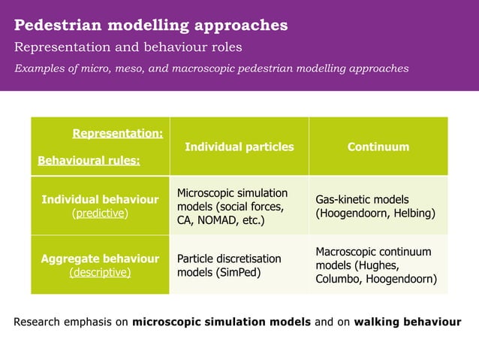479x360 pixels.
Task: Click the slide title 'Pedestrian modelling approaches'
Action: tap(151, 25)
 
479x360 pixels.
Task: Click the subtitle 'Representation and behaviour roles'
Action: tap(128, 47)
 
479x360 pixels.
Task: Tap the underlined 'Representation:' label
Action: tap(117, 134)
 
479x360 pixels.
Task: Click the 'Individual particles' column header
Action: tap(239, 147)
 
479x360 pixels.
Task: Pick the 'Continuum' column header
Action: tap(378, 147)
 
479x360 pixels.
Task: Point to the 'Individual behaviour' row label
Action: tap(100, 200)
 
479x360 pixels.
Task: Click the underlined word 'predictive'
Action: tap(100, 213)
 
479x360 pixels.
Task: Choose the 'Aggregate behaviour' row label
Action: tap(100, 259)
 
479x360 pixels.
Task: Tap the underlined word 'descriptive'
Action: tap(100, 272)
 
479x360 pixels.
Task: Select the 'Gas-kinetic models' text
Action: tap(362, 200)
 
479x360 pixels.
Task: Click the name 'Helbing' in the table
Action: tap(412, 213)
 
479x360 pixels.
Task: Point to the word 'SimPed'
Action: tap(239, 272)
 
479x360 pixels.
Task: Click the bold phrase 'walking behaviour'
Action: tap(408, 322)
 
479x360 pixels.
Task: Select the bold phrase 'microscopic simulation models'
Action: tap(221, 322)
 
